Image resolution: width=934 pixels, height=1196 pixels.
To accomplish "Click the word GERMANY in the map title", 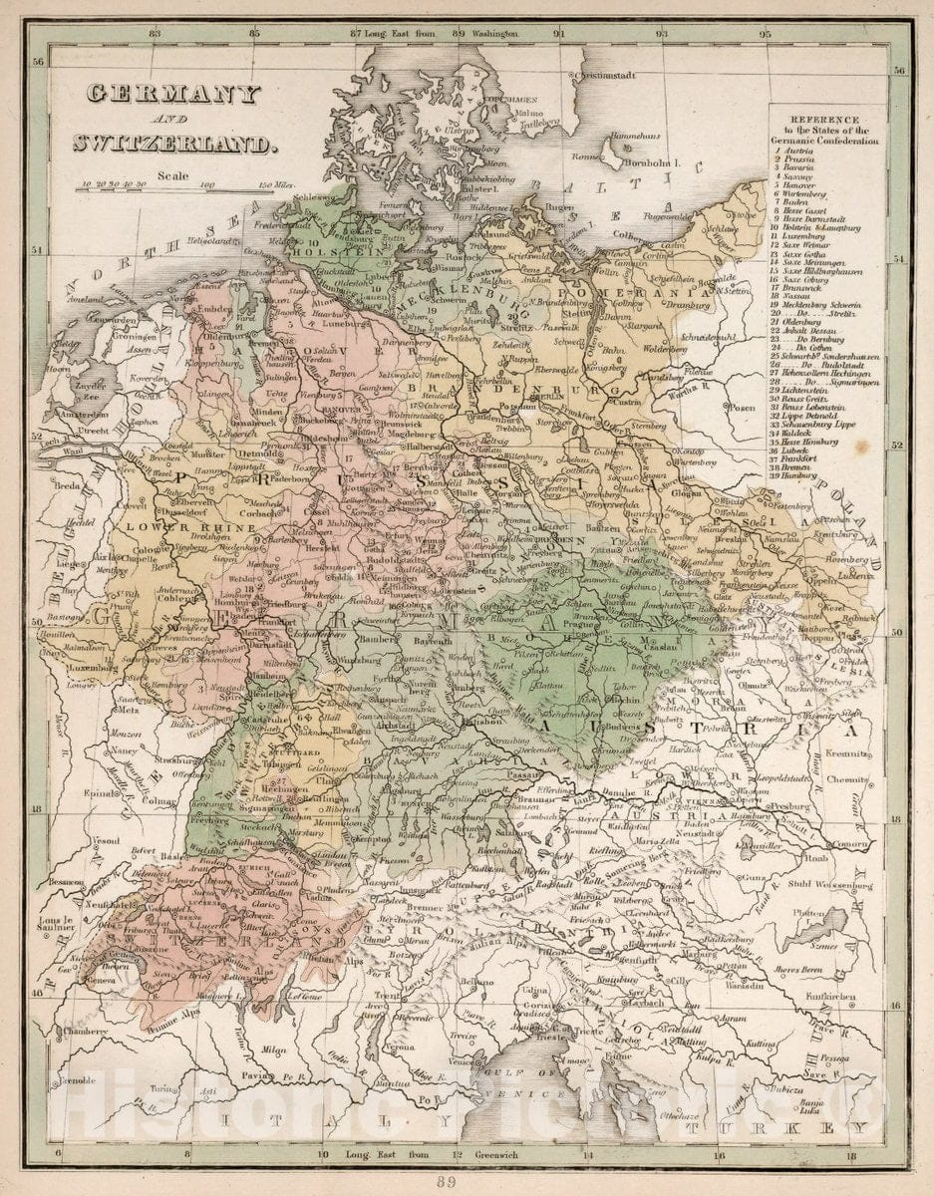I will point(172,95).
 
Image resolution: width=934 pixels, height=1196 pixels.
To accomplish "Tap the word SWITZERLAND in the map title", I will point(171,144).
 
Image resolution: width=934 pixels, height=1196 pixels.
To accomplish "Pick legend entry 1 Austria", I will point(796,149).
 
